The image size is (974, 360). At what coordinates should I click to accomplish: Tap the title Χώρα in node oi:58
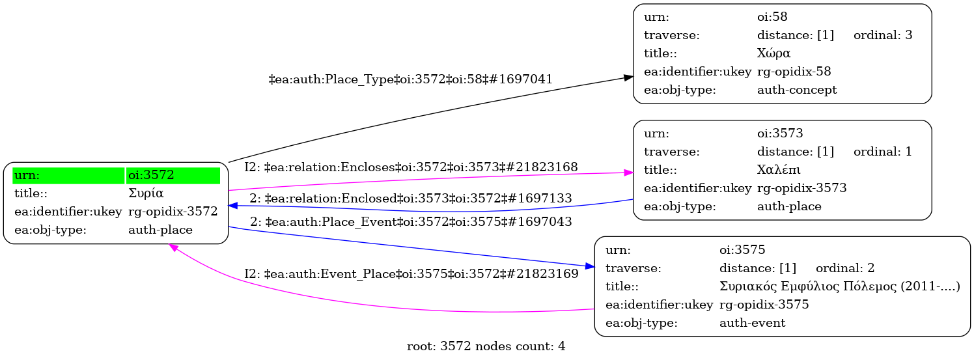coord(773,53)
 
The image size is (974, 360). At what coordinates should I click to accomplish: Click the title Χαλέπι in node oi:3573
coord(779,170)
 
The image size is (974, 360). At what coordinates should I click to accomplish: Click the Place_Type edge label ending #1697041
coord(410,79)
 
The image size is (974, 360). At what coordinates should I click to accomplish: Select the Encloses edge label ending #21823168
coord(411,167)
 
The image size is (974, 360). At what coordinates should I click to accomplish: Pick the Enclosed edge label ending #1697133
coord(410,198)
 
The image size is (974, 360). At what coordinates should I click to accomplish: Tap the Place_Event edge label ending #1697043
coord(410,221)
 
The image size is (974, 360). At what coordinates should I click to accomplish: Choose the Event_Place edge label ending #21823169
coord(411,274)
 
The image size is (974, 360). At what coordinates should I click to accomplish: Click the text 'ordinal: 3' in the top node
coord(882,35)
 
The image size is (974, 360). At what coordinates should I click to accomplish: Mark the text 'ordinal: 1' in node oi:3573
coord(882,152)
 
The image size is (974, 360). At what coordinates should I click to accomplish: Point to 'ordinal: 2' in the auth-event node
coord(844,268)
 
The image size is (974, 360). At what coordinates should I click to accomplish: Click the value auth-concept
coord(797,90)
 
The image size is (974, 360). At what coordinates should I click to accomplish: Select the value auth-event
coord(752,323)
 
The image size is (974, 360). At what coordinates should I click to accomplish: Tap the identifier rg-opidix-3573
coord(801,188)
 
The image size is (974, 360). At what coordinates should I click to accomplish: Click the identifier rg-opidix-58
coord(794,72)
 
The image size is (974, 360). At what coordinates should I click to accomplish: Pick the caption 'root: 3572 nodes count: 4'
coord(486,346)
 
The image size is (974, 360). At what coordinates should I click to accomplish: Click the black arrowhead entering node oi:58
coord(628,77)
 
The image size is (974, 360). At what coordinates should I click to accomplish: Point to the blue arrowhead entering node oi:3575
coord(589,266)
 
